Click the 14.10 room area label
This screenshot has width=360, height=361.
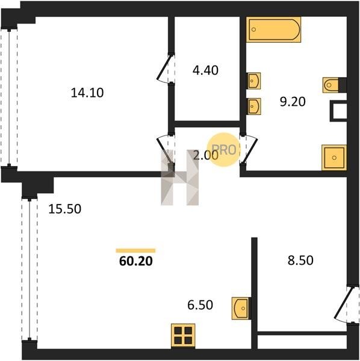pyautogui.click(x=87, y=93)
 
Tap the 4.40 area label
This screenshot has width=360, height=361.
pyautogui.click(x=205, y=70)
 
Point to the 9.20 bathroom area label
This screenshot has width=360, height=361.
pyautogui.click(x=293, y=102)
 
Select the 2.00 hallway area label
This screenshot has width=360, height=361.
pyautogui.click(x=205, y=155)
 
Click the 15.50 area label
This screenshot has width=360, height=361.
pyautogui.click(x=65, y=209)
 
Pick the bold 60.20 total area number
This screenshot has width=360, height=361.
pyautogui.click(x=136, y=261)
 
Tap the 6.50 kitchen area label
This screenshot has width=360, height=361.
pyautogui.click(x=200, y=305)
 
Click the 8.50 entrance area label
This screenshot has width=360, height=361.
pyautogui.click(x=300, y=261)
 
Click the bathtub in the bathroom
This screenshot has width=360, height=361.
pyautogui.click(x=273, y=29)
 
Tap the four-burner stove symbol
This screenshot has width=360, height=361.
pyautogui.click(x=183, y=336)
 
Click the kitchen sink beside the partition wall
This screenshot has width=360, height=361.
pyautogui.click(x=241, y=308)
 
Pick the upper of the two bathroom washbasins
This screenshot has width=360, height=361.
pyautogui.click(x=254, y=81)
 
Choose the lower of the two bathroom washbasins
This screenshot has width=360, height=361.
pyautogui.click(x=254, y=106)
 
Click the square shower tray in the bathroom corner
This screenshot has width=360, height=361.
pyautogui.click(x=334, y=158)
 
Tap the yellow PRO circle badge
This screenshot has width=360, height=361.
pyautogui.click(x=223, y=150)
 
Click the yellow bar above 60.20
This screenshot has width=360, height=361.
pyautogui.click(x=135, y=251)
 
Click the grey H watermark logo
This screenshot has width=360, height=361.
pyautogui.click(x=179, y=177)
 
